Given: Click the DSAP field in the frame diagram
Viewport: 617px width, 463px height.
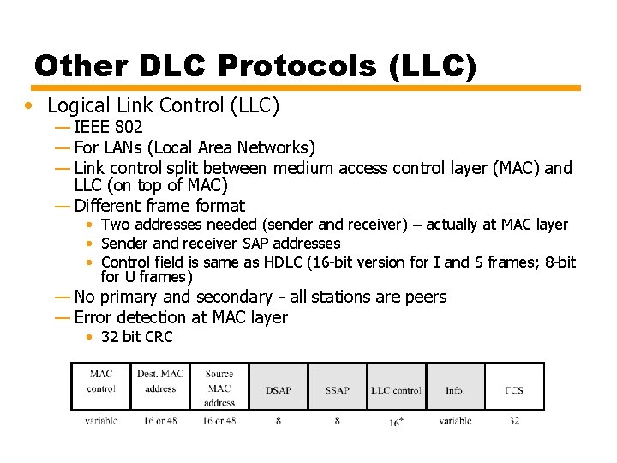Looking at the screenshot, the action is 279,389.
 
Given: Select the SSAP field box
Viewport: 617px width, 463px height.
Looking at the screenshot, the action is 338,389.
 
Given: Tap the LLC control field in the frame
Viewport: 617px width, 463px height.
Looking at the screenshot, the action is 396,389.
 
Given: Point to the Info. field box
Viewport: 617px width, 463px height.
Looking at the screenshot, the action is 455,389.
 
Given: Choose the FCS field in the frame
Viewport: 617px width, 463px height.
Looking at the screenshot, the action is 514,389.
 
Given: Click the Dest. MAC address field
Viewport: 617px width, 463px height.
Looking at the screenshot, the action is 160,382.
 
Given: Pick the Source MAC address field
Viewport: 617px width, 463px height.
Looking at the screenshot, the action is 219,388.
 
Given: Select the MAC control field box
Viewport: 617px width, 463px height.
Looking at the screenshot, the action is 101,382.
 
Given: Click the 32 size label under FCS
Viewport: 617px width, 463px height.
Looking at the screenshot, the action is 514,421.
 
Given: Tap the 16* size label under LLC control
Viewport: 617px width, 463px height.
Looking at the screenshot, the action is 396,422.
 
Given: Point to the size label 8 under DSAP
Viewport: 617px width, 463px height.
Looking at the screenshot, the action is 279,421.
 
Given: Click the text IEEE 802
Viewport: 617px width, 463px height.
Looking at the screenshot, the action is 108,128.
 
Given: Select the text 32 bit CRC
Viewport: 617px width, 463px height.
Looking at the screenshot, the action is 136,337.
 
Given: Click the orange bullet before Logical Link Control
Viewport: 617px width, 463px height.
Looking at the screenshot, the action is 30,105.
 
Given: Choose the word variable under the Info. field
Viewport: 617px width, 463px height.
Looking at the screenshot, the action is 455,421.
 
